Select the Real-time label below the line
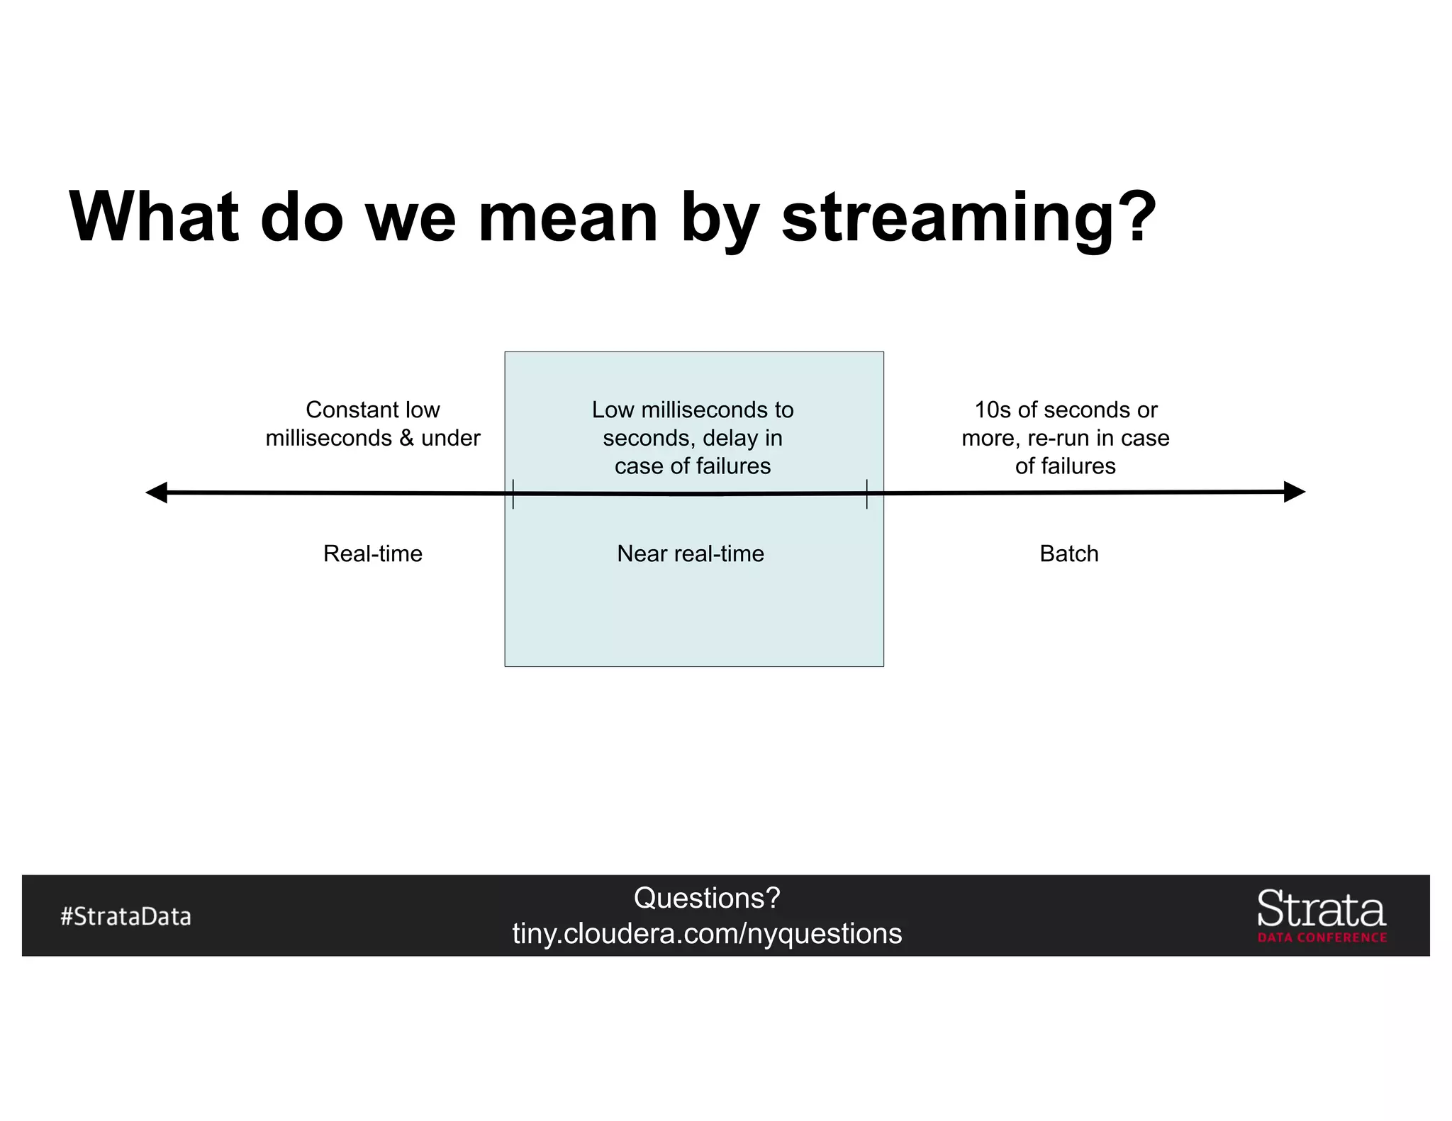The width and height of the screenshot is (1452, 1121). [372, 553]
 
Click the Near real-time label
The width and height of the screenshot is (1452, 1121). [691, 553]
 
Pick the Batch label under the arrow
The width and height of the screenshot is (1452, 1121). [1068, 553]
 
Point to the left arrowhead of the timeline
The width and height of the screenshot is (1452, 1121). [155, 492]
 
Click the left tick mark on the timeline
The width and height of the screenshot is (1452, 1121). [513, 493]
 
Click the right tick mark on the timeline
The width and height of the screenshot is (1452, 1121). [866, 493]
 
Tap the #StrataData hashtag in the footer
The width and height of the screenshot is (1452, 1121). [125, 916]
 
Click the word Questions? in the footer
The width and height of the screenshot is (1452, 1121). [706, 899]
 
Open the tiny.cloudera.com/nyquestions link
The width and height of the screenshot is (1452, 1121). [706, 934]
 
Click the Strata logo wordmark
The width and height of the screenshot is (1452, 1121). [1321, 909]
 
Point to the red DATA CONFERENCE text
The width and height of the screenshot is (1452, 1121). [1322, 937]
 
